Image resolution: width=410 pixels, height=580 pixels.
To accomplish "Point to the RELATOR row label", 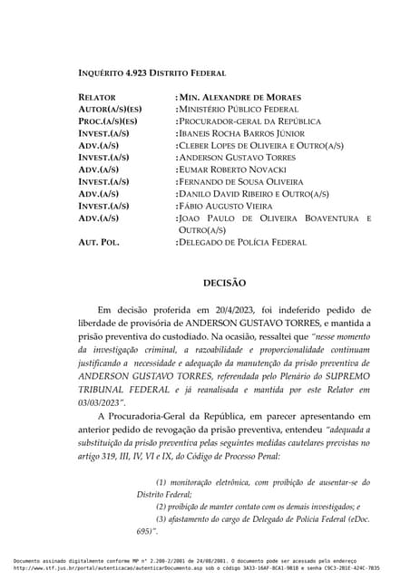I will (97, 97).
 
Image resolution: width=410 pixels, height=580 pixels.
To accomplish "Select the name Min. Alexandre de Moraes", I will (239, 97).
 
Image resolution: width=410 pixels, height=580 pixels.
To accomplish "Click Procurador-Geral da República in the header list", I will (249, 121).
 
